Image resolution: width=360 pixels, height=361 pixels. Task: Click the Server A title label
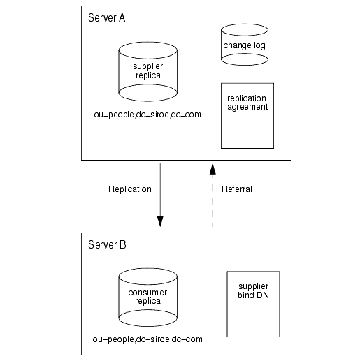pos(106,18)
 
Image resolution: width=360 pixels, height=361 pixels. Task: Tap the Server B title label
pos(107,244)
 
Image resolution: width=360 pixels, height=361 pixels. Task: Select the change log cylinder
pos(245,45)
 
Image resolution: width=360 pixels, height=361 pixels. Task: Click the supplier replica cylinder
pos(147,72)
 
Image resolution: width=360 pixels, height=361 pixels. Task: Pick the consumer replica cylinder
pos(147,297)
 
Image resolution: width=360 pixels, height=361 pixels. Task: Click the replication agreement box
pos(247,116)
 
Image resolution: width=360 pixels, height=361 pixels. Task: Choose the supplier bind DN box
pos(253,304)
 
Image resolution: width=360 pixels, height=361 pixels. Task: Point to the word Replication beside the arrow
pos(130,189)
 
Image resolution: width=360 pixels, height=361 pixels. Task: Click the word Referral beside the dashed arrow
pos(237,189)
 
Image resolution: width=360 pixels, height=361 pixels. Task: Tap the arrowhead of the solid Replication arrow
pos(160,221)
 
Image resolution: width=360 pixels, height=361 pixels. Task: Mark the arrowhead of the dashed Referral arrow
pos(213,169)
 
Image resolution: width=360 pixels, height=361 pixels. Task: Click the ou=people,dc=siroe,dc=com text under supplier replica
pos(147,115)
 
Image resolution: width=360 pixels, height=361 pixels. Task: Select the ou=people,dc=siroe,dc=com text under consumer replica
pos(147,339)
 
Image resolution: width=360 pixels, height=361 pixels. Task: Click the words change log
pos(244,45)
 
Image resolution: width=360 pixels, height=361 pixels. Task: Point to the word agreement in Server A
pos(247,107)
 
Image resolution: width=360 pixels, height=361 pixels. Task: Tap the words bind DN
pos(253,295)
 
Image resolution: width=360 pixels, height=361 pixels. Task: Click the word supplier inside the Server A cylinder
pos(147,66)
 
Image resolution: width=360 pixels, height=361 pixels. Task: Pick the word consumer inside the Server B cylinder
pos(147,293)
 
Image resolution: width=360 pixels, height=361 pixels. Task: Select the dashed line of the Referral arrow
pos(213,200)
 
